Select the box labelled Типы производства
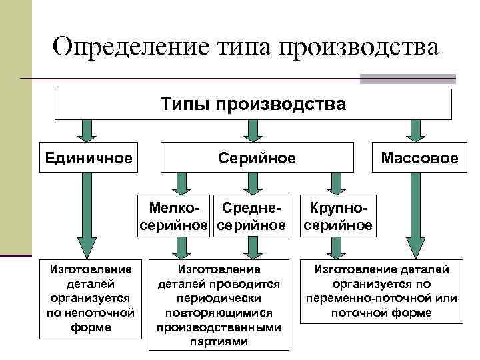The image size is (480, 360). tap(253, 105)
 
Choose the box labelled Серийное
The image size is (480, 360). tap(257, 157)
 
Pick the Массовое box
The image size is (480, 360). tap(419, 158)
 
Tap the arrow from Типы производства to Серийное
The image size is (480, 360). tap(251, 130)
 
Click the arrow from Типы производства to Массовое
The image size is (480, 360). tap(415, 130)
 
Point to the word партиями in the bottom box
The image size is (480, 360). tap(219, 342)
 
